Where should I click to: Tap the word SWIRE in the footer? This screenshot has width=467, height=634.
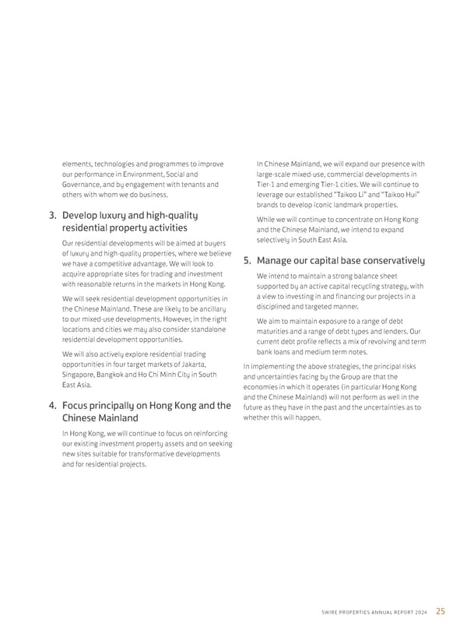point(331,611)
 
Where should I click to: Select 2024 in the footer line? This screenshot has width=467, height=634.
point(421,611)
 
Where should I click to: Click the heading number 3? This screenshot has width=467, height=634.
point(53,215)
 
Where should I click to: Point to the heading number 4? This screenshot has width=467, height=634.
point(53,405)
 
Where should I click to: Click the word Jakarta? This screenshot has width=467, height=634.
point(191,365)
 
